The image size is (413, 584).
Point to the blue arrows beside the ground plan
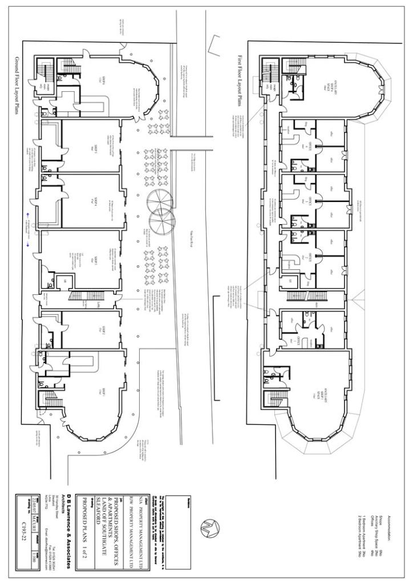27,226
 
